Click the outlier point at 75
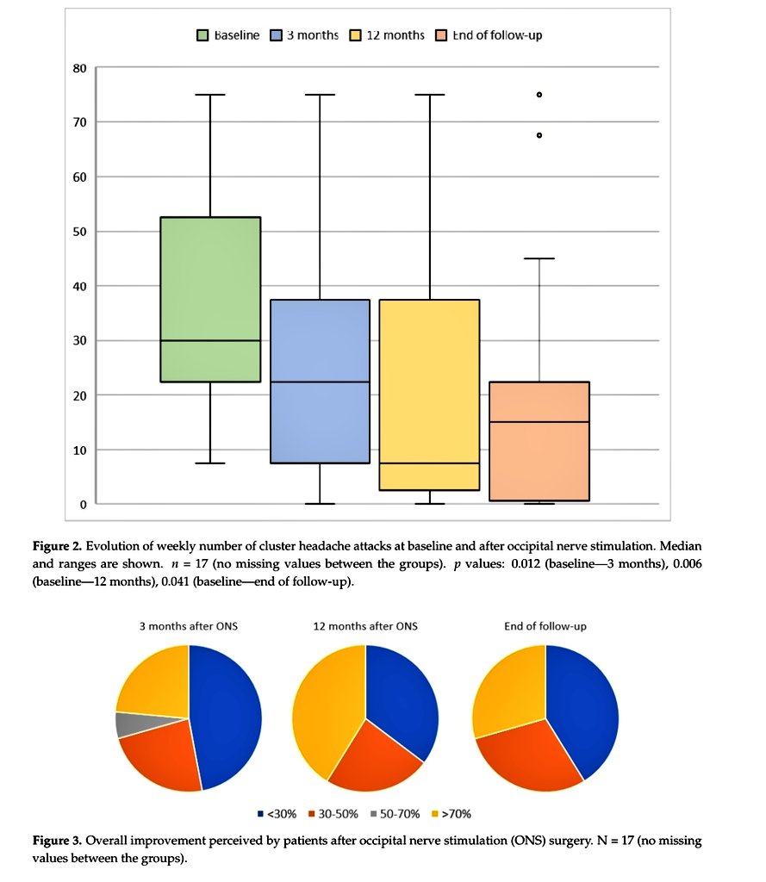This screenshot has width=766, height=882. click(539, 95)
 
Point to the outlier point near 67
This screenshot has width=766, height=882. click(539, 135)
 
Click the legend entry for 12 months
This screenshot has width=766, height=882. click(388, 35)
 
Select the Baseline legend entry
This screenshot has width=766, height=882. click(228, 35)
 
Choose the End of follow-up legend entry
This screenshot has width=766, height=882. click(489, 35)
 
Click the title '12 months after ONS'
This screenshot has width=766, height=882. click(365, 626)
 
